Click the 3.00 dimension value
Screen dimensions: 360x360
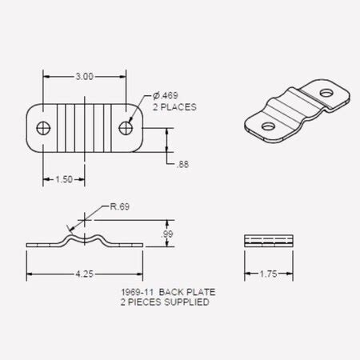pos(85,77)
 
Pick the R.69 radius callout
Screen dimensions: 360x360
pos(120,206)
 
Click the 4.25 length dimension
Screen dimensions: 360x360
pos(84,274)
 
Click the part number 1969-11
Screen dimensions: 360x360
pos(135,294)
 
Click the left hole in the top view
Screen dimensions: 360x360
pos(43,127)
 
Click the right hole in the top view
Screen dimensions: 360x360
pos(126,127)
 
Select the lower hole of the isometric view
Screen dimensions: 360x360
pos(266,125)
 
